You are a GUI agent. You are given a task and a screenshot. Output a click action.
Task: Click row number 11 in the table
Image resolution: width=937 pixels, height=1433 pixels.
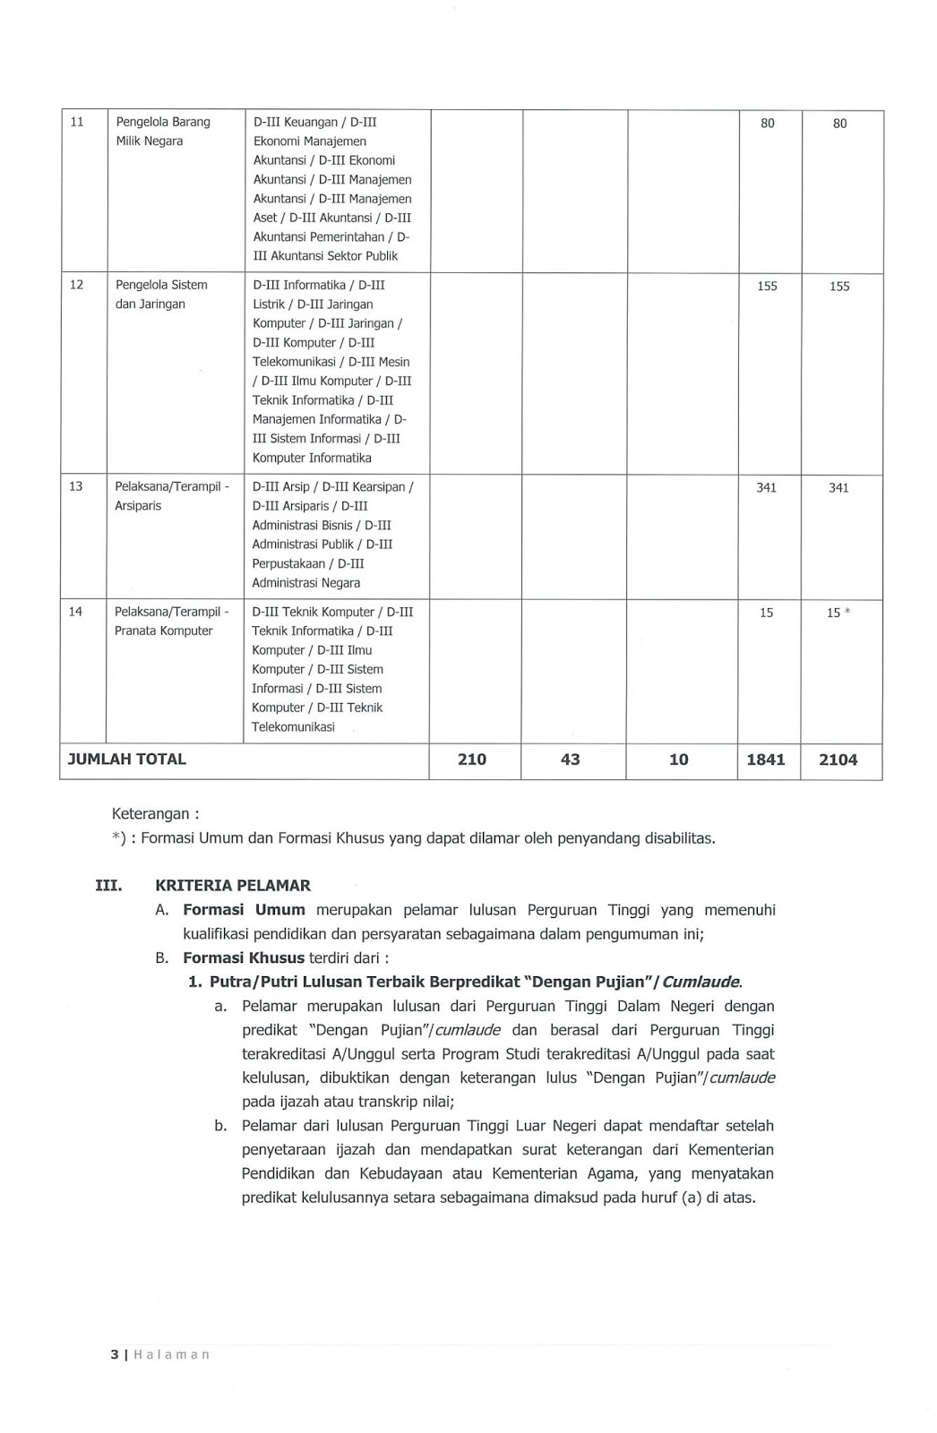coord(77,122)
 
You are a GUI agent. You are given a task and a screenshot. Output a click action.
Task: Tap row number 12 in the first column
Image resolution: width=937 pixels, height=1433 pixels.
coord(77,285)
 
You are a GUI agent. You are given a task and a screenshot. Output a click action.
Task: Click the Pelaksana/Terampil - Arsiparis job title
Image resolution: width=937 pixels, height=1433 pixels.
coord(171,496)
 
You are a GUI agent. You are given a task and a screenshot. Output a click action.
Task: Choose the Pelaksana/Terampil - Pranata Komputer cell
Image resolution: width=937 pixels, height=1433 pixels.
coord(171,622)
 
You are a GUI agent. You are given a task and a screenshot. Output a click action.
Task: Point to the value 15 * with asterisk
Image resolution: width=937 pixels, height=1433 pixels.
coord(838,613)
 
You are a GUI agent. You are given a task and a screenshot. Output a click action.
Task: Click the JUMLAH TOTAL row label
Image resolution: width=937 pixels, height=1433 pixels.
coord(127,759)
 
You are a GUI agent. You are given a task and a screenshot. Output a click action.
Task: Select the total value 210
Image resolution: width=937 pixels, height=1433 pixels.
coord(472,760)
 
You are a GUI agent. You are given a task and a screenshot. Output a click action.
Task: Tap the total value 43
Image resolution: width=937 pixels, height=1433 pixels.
coord(570,760)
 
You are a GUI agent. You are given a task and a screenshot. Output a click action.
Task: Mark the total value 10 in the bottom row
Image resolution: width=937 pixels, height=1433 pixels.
coord(679,760)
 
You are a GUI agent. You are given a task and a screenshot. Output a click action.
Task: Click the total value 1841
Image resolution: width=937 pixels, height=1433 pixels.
coord(766,760)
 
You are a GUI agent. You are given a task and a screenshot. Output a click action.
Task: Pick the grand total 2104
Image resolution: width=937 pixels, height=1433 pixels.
coord(838,760)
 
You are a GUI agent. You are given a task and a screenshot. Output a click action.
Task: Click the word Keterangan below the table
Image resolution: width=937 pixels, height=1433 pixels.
coord(150,814)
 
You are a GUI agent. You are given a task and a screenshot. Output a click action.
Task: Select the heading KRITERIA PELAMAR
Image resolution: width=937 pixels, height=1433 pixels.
coord(233,886)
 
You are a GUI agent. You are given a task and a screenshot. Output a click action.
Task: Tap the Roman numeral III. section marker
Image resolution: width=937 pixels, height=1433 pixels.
coord(108,886)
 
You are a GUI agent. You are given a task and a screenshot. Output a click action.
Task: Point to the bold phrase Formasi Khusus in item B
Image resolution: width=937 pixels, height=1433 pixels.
coord(244,958)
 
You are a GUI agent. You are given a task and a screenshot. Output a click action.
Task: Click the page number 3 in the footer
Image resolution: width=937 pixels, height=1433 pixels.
coord(114,1355)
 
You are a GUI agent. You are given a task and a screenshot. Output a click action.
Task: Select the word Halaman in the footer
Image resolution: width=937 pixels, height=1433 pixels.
coord(171,1355)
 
